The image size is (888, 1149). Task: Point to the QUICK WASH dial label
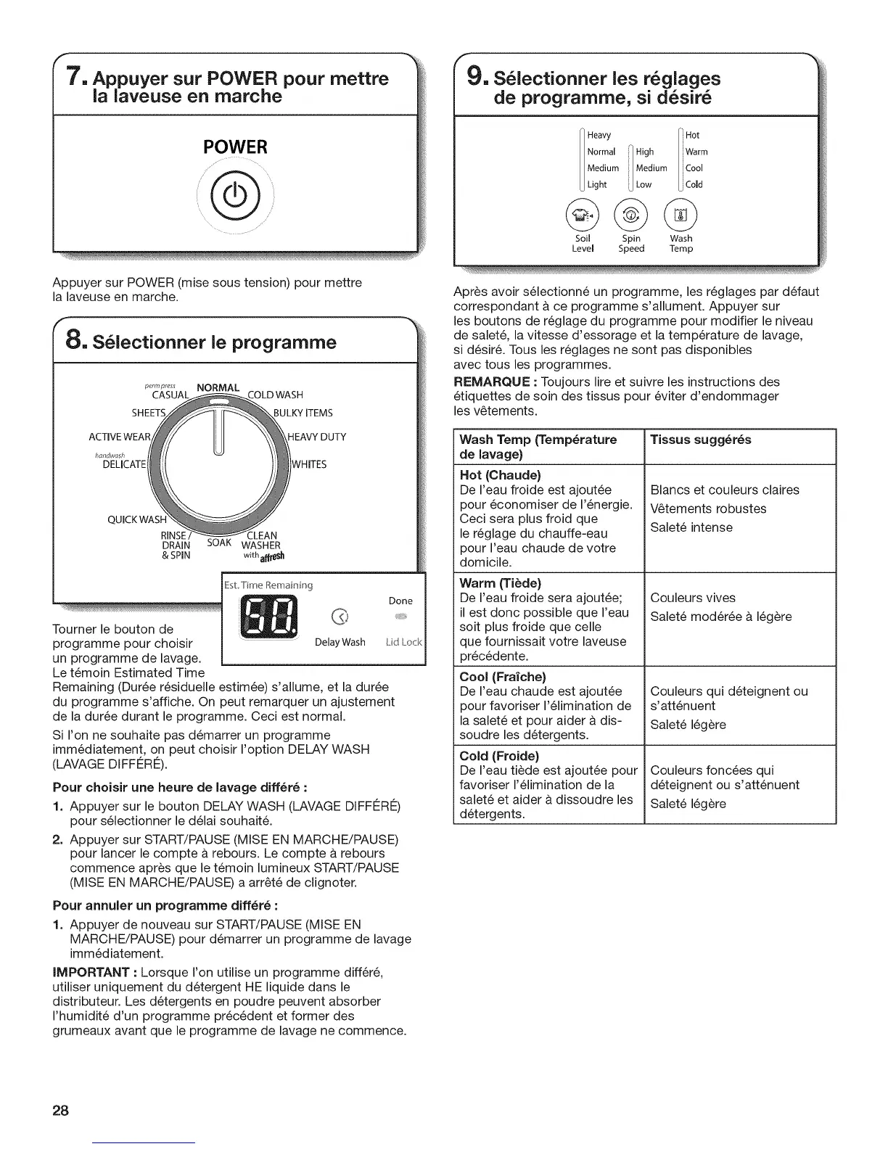point(137,519)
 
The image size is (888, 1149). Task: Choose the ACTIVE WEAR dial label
point(120,437)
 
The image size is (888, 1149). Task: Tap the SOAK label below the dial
point(219,543)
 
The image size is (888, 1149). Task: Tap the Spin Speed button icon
point(631,215)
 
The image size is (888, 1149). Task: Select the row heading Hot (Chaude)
point(501,476)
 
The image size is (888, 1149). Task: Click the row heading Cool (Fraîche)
point(503,677)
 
